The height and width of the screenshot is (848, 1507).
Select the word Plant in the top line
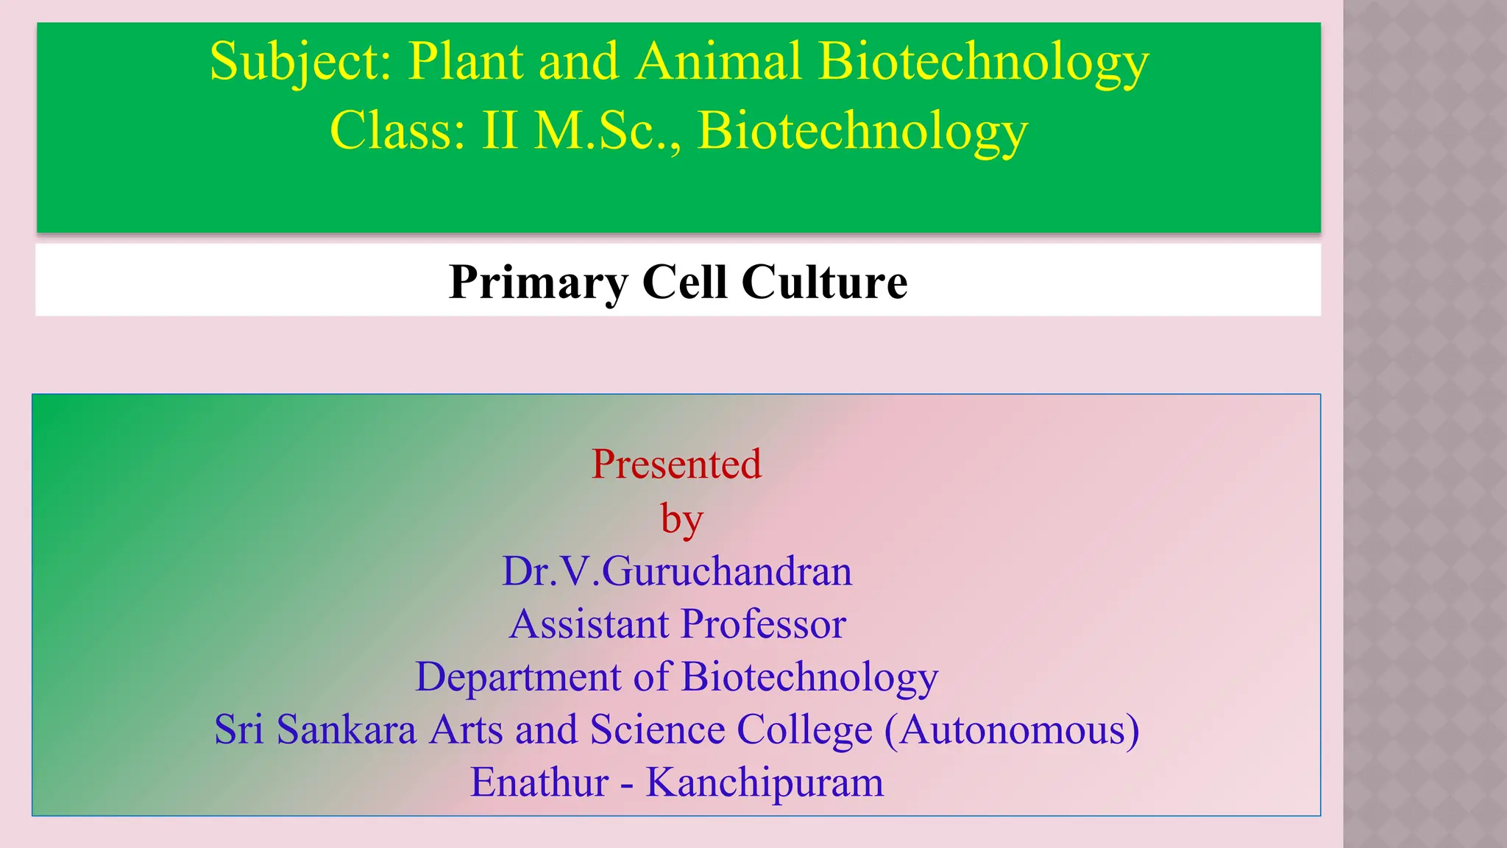click(465, 62)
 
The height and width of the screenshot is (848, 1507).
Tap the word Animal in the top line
click(718, 62)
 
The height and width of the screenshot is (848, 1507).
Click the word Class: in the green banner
click(397, 131)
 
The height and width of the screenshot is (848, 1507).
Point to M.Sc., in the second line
click(608, 131)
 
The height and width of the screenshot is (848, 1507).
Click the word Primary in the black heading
click(539, 283)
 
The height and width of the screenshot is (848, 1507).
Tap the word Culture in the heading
click(824, 283)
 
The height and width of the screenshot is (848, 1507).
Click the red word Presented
click(676, 464)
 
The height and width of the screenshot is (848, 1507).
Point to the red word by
click(681, 520)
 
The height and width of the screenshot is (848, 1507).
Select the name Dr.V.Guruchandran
click(677, 572)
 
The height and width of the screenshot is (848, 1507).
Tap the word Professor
click(763, 625)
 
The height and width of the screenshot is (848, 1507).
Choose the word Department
click(518, 677)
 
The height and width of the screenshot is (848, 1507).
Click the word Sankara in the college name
click(346, 730)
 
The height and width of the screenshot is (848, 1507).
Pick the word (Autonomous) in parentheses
click(1012, 730)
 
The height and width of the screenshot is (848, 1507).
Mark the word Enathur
click(539, 782)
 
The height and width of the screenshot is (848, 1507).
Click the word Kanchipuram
click(765, 782)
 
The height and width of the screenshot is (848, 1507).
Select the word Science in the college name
click(657, 730)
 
